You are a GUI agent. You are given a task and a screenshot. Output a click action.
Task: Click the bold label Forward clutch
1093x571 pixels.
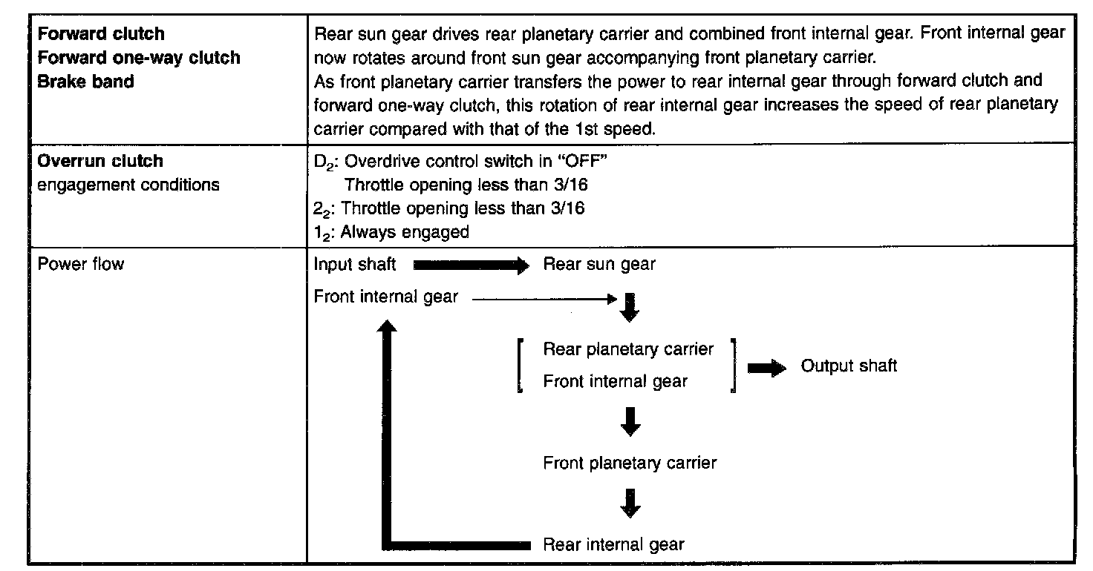pos(101,34)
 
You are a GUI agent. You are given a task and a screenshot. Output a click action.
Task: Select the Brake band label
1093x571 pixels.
pos(85,82)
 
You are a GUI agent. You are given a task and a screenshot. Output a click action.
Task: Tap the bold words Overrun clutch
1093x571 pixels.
pos(100,161)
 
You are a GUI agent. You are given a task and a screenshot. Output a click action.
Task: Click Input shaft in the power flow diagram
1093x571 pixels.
pos(355,264)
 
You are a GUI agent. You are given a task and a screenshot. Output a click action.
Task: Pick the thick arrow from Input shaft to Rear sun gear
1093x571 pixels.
pos(469,265)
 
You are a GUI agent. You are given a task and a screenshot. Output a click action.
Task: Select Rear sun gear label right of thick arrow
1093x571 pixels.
pos(599,264)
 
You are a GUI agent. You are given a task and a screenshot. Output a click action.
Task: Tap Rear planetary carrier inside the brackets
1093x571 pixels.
pos(628,349)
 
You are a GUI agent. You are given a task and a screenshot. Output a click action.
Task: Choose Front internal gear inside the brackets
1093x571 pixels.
pos(615,381)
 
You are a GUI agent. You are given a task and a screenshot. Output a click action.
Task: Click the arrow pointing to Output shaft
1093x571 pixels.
pos(767,368)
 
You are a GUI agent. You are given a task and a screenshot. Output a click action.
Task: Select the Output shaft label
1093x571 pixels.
pos(849,366)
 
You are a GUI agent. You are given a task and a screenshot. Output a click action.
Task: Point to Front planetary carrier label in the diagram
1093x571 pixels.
pos(630,463)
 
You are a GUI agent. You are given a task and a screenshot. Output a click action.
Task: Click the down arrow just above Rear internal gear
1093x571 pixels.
pos(630,504)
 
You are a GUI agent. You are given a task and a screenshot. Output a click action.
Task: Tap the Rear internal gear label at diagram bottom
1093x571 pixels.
pos(613,544)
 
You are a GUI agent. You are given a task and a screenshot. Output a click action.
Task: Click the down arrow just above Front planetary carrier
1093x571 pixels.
pos(630,422)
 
